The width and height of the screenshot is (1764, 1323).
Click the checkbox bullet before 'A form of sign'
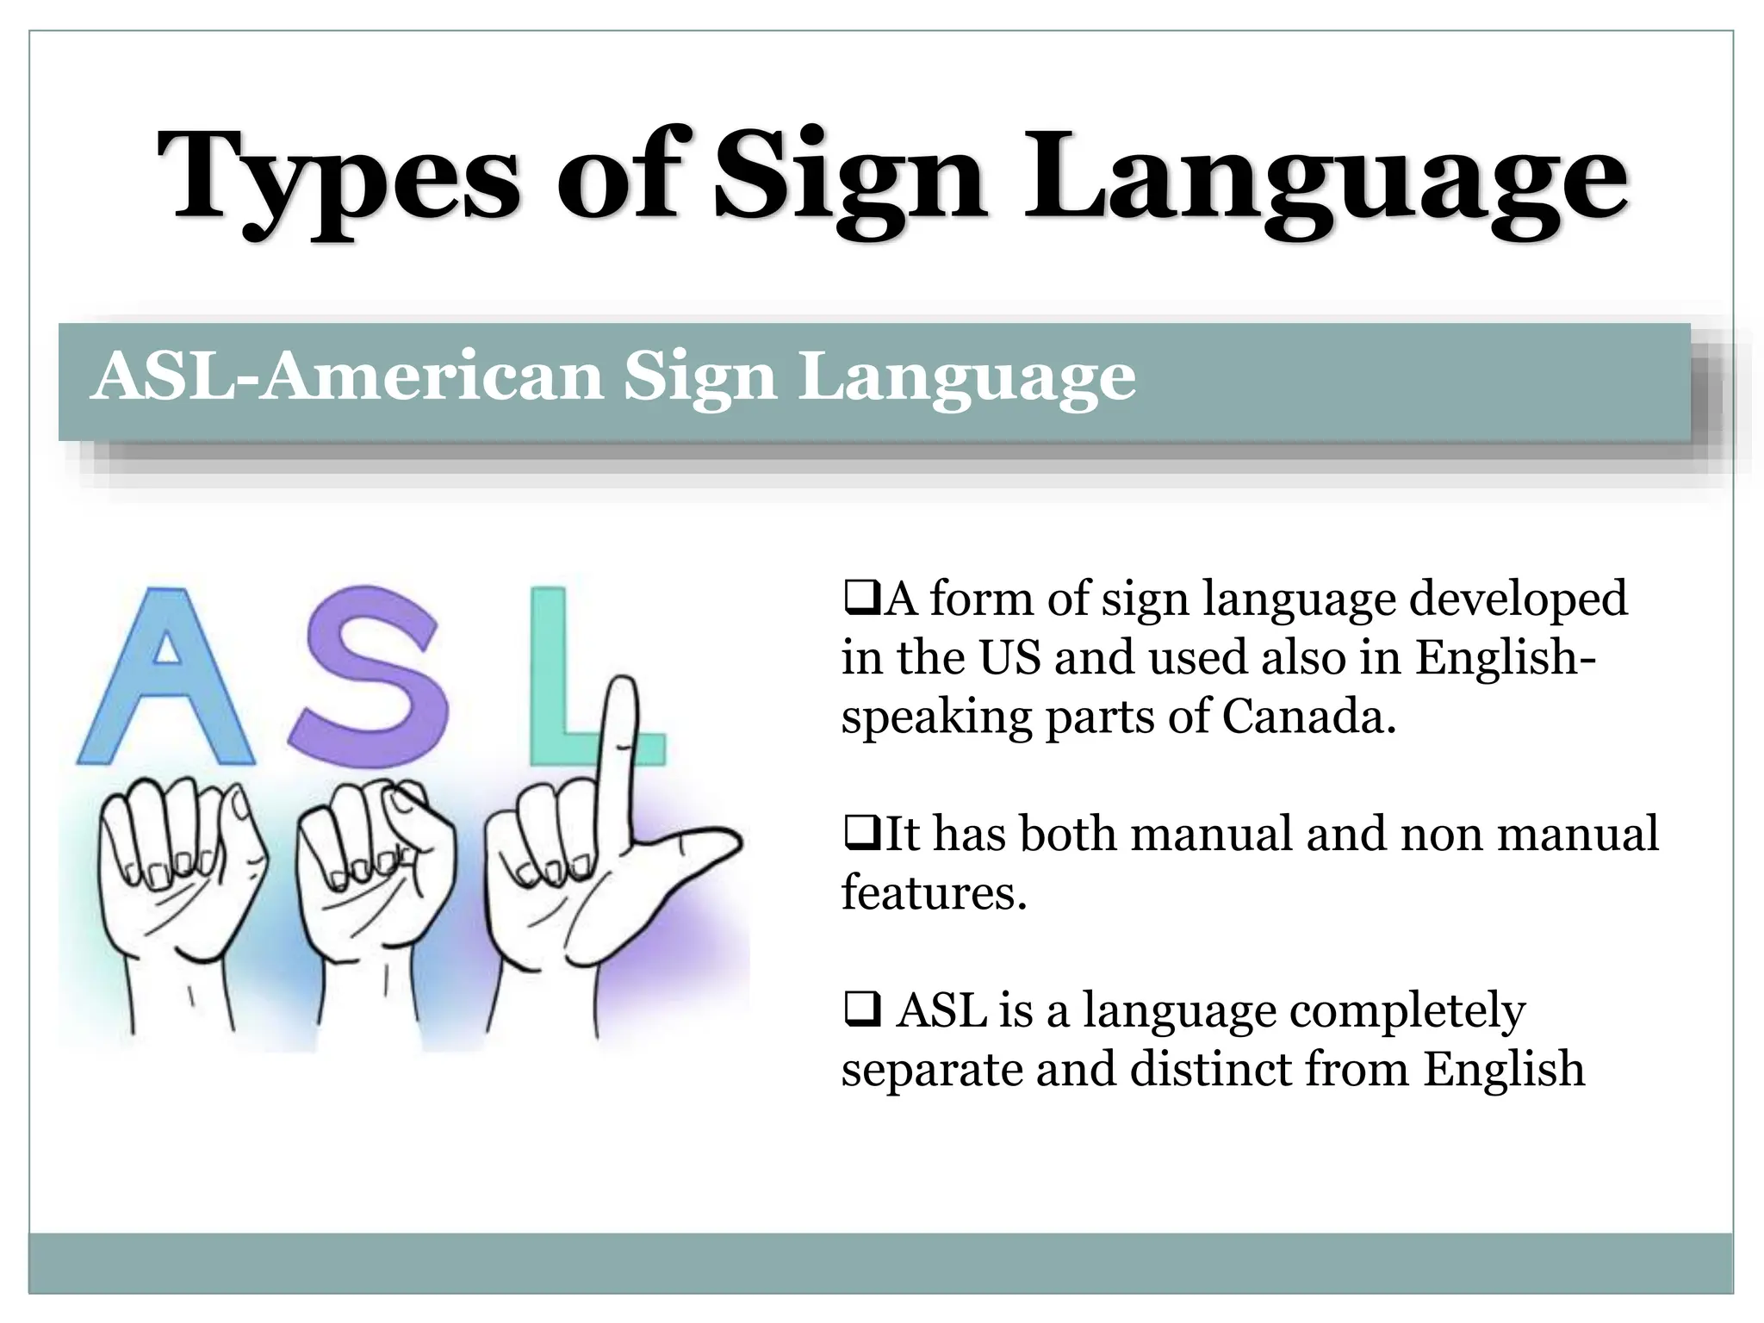click(x=860, y=598)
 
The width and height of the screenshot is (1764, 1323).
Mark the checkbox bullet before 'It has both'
click(x=860, y=833)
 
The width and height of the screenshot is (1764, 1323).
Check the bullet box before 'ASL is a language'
click(x=862, y=1009)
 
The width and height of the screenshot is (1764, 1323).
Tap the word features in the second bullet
click(x=934, y=892)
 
